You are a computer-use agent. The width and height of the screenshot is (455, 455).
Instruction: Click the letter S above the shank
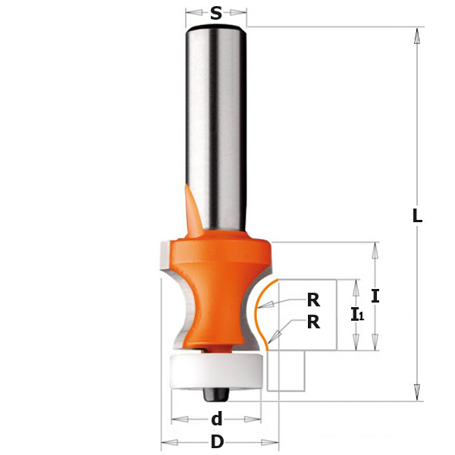[x=216, y=13]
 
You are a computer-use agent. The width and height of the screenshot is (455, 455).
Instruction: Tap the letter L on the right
[x=417, y=215]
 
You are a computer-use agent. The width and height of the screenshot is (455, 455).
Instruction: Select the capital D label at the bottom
[x=218, y=443]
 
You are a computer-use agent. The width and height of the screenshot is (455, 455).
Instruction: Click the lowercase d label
[x=217, y=419]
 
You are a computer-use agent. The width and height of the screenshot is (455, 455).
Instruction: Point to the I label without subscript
[x=375, y=296]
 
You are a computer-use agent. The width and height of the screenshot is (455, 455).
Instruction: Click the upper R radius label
[x=313, y=300]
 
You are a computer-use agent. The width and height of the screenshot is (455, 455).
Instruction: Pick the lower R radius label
[x=313, y=322]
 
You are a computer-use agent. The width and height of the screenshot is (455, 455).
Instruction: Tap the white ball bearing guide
[x=218, y=371]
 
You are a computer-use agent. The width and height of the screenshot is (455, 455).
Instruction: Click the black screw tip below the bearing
[x=216, y=395]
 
